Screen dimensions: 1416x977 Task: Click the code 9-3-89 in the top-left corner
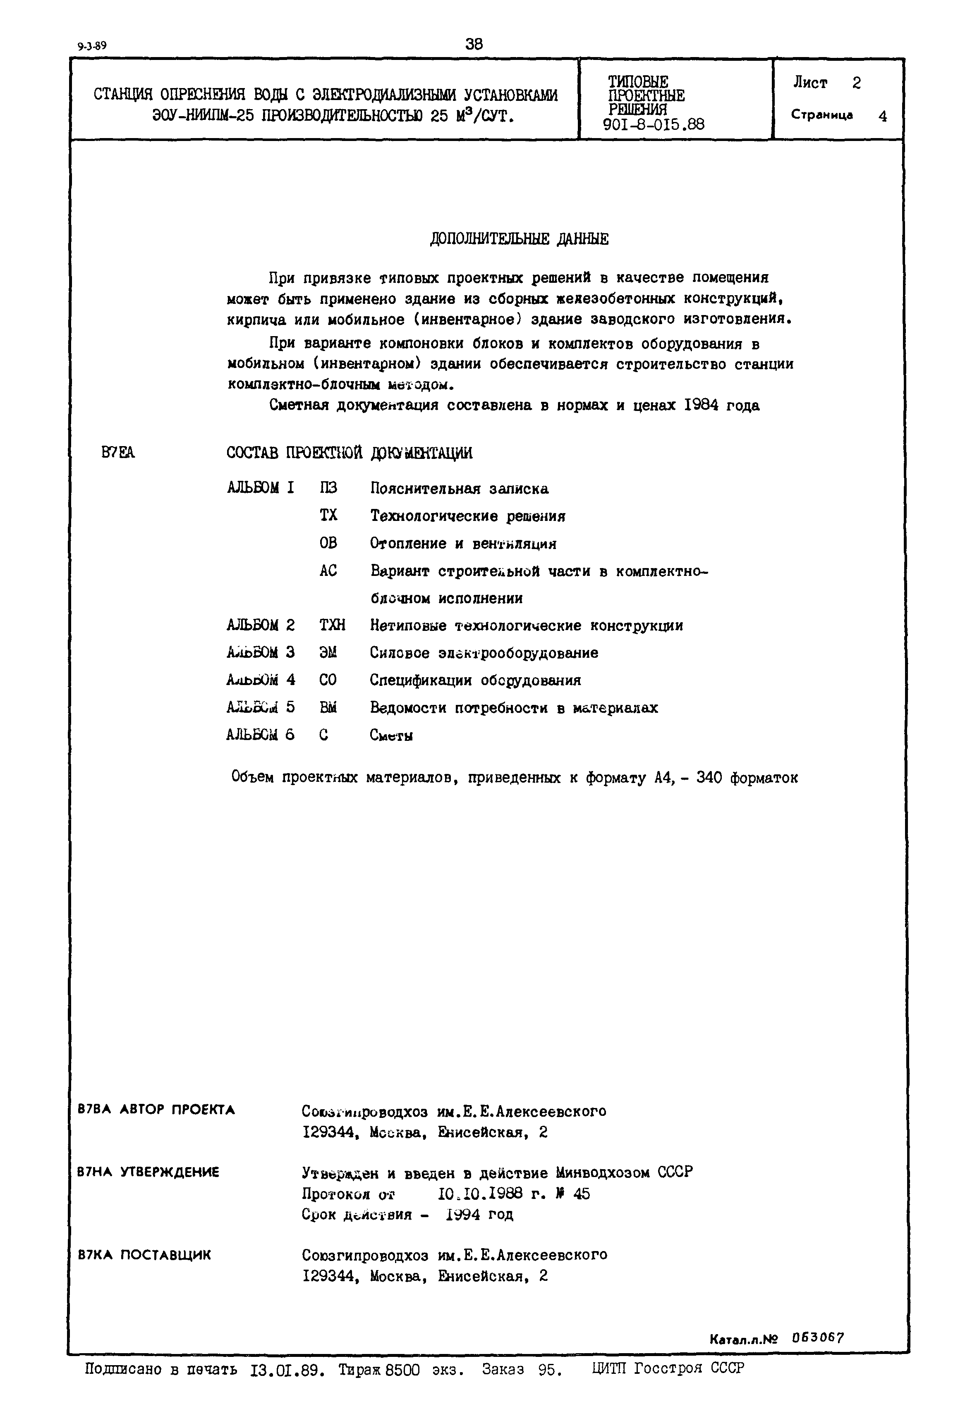click(x=92, y=46)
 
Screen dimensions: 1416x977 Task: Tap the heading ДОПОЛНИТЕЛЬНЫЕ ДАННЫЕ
click(x=519, y=239)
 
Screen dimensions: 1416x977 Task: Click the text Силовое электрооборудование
click(x=484, y=653)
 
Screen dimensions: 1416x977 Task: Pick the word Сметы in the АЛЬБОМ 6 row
click(x=391, y=735)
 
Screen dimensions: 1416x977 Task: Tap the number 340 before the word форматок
click(x=709, y=778)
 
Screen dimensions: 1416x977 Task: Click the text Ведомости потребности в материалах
click(x=514, y=708)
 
